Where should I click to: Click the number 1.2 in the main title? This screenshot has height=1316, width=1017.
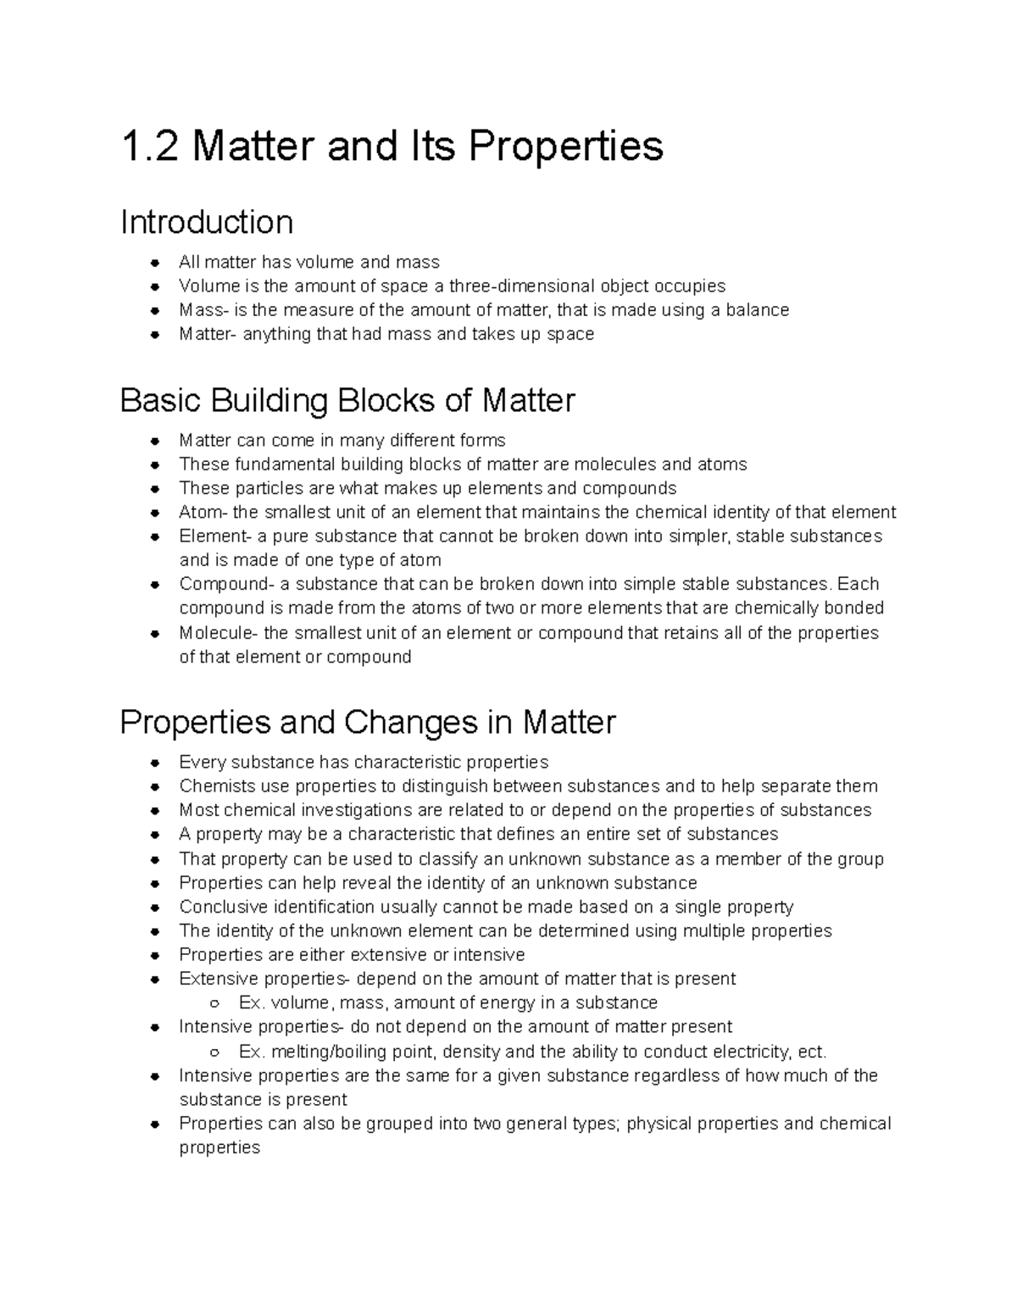pyautogui.click(x=150, y=147)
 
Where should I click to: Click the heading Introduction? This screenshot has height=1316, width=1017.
pyautogui.click(x=207, y=223)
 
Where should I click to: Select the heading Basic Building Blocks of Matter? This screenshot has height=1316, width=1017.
pyautogui.click(x=347, y=400)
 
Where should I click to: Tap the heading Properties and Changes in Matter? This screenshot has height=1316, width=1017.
pyautogui.click(x=367, y=722)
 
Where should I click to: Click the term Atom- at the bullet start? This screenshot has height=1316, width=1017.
pyautogui.click(x=203, y=513)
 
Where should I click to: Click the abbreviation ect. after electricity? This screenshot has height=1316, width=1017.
pyautogui.click(x=812, y=1052)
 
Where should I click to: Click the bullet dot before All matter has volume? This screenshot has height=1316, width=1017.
pyautogui.click(x=155, y=263)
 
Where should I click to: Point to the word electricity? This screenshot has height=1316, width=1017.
pyautogui.click(x=751, y=1052)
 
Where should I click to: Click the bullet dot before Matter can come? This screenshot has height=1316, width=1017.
pyautogui.click(x=155, y=441)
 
